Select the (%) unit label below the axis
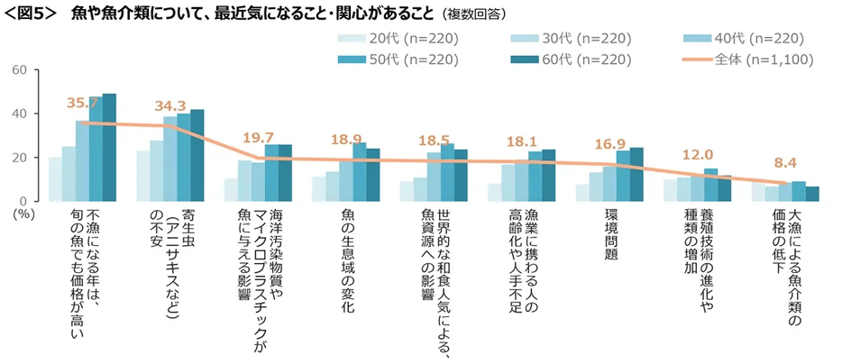point(24,214)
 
